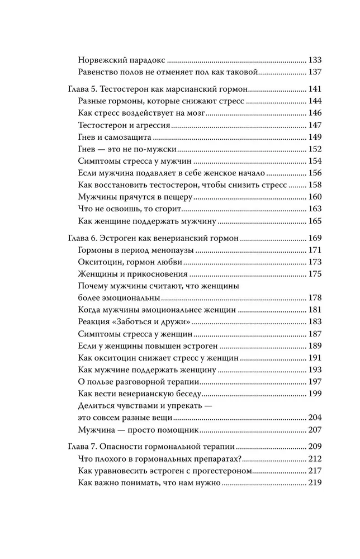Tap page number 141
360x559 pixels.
click(x=315, y=89)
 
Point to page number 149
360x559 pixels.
click(x=315, y=138)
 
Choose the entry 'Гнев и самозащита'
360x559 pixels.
click(x=113, y=138)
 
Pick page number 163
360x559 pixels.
click(x=315, y=209)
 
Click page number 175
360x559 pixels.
click(x=315, y=274)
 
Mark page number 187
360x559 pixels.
click(x=315, y=334)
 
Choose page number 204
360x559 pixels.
click(x=315, y=418)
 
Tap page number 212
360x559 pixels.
click(x=315, y=459)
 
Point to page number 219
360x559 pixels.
click(x=315, y=484)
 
